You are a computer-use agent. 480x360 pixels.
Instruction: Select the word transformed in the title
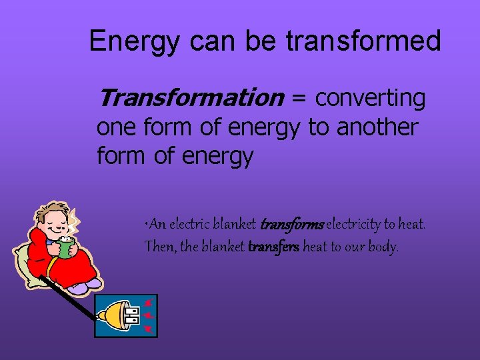click(363, 41)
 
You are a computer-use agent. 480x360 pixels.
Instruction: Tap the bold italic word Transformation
click(191, 98)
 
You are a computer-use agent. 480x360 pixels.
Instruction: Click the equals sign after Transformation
click(299, 98)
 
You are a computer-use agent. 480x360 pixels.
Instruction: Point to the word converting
click(370, 98)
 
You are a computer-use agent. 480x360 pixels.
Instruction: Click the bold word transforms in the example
click(291, 225)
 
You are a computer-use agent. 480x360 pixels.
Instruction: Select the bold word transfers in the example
click(273, 247)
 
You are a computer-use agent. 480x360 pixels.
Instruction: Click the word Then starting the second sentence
click(161, 247)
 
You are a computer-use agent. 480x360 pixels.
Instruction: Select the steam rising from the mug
click(74, 220)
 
